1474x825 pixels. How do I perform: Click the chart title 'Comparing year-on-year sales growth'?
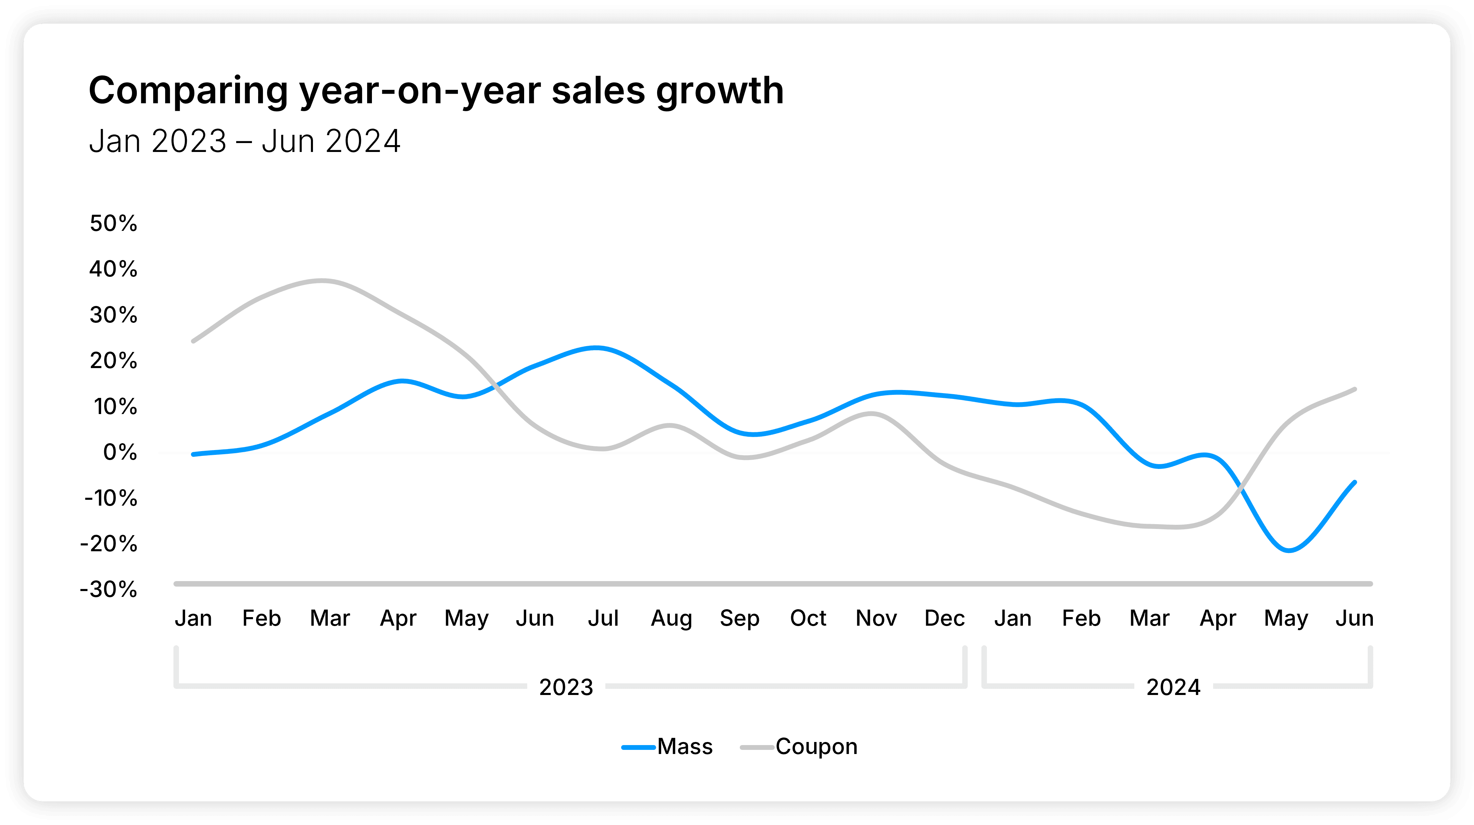pyautogui.click(x=436, y=92)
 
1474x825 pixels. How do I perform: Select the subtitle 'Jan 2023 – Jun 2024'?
pyautogui.click(x=244, y=141)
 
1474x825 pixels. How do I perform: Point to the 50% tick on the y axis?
pyautogui.click(x=113, y=223)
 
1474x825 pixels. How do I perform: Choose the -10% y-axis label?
pyautogui.click(x=110, y=498)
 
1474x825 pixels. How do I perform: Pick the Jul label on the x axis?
pyautogui.click(x=603, y=618)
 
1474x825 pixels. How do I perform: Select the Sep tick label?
pyautogui.click(x=739, y=618)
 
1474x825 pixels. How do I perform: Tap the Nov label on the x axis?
pyautogui.click(x=876, y=618)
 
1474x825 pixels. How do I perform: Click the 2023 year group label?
pyautogui.click(x=566, y=687)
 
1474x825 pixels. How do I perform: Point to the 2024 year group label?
pyautogui.click(x=1173, y=687)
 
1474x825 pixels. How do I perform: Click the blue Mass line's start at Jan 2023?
pyautogui.click(x=193, y=454)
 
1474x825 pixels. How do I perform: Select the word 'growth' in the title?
pyautogui.click(x=720, y=92)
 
